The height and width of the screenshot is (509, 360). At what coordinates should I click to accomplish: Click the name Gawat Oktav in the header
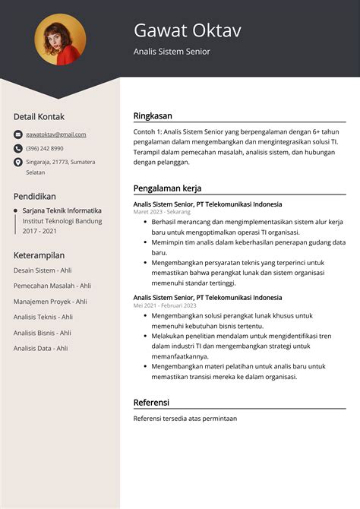(187, 30)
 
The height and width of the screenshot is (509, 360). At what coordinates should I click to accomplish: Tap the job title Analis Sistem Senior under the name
(172, 52)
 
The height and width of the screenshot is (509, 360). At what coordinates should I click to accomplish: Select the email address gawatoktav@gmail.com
(55, 134)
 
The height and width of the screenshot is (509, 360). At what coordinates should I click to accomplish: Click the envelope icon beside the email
(18, 134)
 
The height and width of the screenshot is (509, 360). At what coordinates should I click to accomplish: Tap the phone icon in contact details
(18, 148)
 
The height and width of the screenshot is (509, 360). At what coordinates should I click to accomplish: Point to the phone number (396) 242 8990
(45, 148)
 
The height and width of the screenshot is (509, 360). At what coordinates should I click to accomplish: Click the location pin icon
(18, 162)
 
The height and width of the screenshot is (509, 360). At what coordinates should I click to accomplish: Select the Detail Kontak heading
(39, 116)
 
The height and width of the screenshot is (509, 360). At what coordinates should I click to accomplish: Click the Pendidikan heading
(34, 196)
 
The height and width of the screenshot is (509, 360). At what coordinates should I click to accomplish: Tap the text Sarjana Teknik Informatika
(62, 210)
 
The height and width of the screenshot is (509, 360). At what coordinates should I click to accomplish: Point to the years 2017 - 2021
(39, 230)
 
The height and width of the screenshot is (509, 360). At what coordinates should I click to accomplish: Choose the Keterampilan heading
(39, 254)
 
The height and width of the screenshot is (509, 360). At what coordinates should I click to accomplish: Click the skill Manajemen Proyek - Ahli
(50, 301)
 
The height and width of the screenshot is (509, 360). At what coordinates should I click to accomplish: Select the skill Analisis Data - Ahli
(40, 348)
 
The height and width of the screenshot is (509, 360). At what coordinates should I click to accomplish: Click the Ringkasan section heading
(153, 116)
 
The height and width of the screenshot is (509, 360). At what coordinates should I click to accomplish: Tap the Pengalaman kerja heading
(167, 188)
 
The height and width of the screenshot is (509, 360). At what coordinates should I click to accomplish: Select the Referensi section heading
(151, 402)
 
